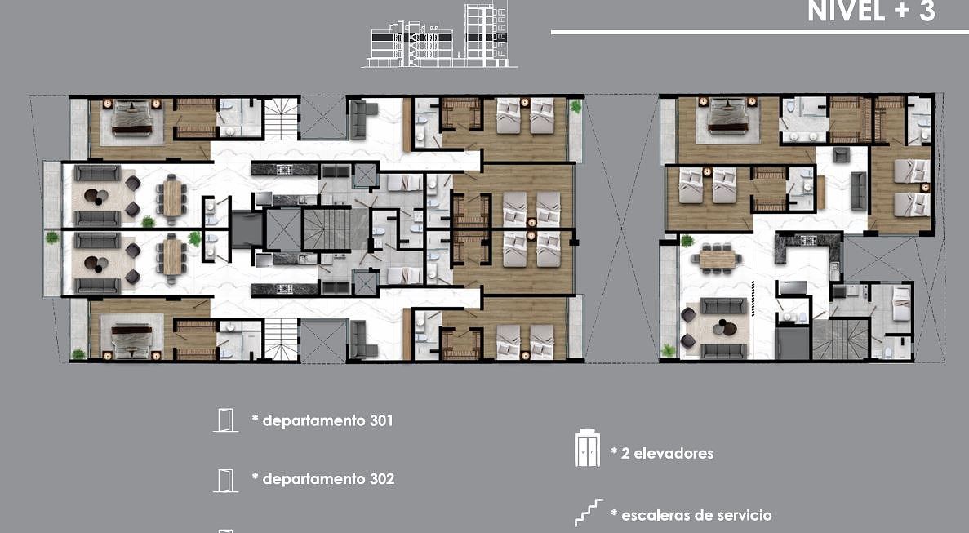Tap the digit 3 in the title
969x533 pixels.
(927, 11)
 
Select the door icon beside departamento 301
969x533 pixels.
(225, 420)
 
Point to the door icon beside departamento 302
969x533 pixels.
(225, 481)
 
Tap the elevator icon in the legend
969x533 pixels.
(587, 448)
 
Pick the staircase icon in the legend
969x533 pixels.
(589, 513)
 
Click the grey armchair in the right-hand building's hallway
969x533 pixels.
(841, 154)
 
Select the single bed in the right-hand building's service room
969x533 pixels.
(901, 303)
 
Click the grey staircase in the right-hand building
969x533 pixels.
(841, 339)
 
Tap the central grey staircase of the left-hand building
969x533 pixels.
(327, 229)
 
